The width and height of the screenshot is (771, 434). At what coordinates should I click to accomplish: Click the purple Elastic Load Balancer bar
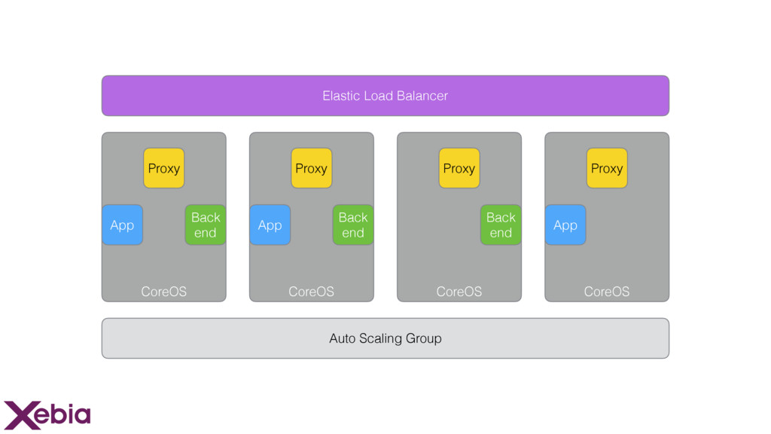385,96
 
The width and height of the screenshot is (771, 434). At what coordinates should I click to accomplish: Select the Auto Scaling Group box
385,338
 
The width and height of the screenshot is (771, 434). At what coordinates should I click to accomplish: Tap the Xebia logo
47,415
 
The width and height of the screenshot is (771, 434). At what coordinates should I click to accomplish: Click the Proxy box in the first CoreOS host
163,168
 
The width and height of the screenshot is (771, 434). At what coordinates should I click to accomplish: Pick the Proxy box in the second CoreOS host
311,168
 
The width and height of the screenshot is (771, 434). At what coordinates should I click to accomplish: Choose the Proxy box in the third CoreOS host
459,168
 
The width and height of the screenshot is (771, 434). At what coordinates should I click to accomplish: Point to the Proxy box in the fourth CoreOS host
607,168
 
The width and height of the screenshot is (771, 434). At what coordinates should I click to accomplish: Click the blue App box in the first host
123,225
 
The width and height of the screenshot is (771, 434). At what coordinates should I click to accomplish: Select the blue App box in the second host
270,225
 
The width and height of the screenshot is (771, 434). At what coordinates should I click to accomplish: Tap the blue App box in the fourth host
565,225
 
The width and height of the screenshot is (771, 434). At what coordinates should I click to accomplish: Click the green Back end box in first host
206,225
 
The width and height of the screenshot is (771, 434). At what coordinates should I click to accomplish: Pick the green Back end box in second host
353,225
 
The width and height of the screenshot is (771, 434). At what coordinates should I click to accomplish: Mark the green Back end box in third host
501,225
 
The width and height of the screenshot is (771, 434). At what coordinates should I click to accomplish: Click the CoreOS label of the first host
163,292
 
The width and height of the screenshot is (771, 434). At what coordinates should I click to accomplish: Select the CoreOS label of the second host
311,292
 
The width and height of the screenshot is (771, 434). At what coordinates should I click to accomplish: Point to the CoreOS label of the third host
459,292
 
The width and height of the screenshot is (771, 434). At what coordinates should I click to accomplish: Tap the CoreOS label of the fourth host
607,292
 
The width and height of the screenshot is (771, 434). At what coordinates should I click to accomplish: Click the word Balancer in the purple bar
422,96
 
